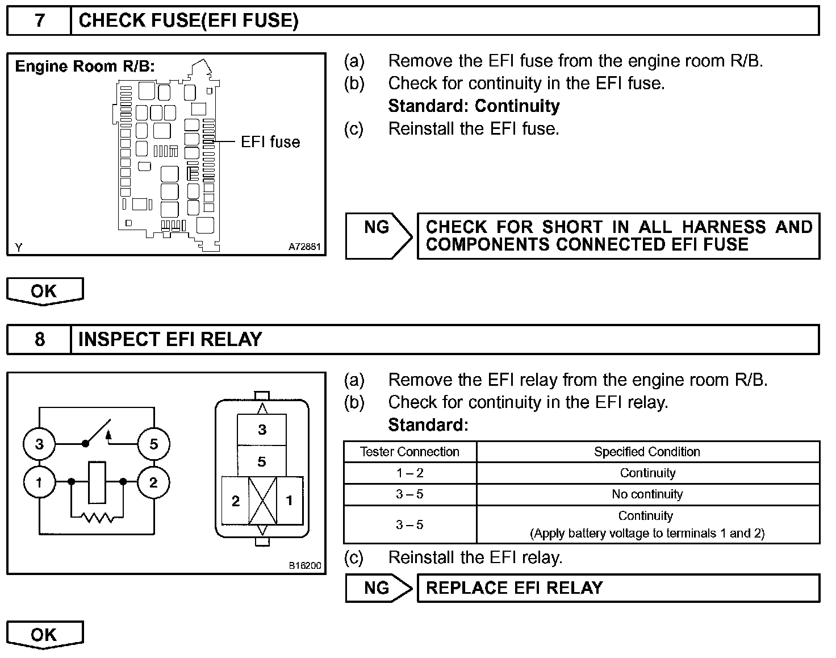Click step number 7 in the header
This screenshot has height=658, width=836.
pyautogui.click(x=39, y=21)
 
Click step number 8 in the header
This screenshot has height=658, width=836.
pyautogui.click(x=39, y=339)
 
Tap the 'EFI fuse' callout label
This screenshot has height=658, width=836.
pyautogui.click(x=270, y=141)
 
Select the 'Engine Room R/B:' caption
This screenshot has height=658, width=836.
pyautogui.click(x=85, y=66)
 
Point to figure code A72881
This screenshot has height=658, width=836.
pyautogui.click(x=304, y=247)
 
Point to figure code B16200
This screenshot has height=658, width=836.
pyautogui.click(x=304, y=565)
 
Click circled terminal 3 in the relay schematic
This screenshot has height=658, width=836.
pyautogui.click(x=39, y=444)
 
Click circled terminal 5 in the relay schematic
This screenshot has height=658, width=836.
pyautogui.click(x=153, y=444)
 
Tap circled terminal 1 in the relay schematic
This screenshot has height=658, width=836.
pyautogui.click(x=39, y=483)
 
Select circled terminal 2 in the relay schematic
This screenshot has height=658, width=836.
pyautogui.click(x=153, y=483)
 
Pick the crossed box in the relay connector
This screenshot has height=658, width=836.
pyautogui.click(x=263, y=501)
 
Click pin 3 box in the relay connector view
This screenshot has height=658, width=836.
pyautogui.click(x=262, y=430)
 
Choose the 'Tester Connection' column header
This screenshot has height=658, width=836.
pyautogui.click(x=409, y=452)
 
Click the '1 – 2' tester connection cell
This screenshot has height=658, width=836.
pyautogui.click(x=409, y=473)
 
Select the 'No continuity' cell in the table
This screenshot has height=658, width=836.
pyautogui.click(x=647, y=494)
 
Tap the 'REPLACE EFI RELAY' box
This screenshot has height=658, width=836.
pyautogui.click(x=618, y=588)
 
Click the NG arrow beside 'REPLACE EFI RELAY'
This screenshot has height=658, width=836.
pyautogui.click(x=378, y=588)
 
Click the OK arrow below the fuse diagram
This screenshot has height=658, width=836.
pyautogui.click(x=44, y=291)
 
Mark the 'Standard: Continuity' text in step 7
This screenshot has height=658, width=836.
pyautogui.click(x=474, y=106)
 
